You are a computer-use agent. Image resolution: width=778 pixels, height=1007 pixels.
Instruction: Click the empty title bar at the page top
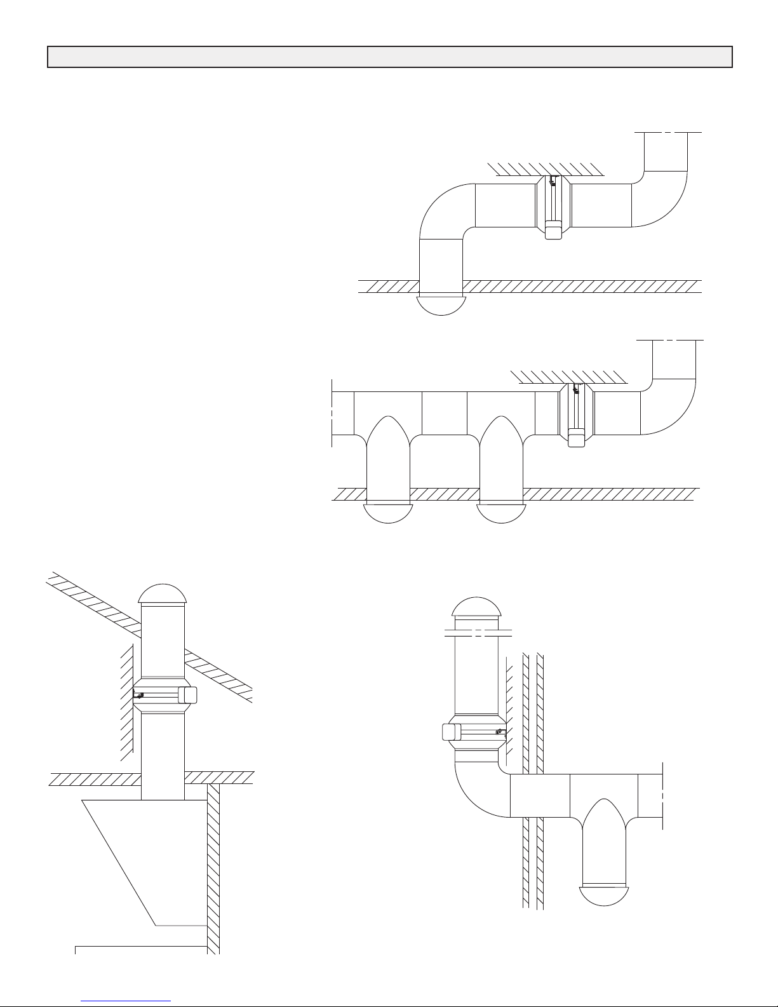point(390,57)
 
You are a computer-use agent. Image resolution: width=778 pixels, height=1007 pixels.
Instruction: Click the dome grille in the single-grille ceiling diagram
point(441,305)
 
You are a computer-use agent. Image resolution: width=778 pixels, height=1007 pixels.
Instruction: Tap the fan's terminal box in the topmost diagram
point(553,229)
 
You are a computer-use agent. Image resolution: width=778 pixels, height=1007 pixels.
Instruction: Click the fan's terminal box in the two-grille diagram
point(576,437)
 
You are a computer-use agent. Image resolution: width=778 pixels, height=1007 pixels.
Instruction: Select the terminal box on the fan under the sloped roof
point(188,696)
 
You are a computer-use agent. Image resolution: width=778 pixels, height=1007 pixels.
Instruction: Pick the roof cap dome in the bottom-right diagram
point(480,607)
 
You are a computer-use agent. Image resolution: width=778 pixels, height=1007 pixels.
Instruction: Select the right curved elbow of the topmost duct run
point(661,197)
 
